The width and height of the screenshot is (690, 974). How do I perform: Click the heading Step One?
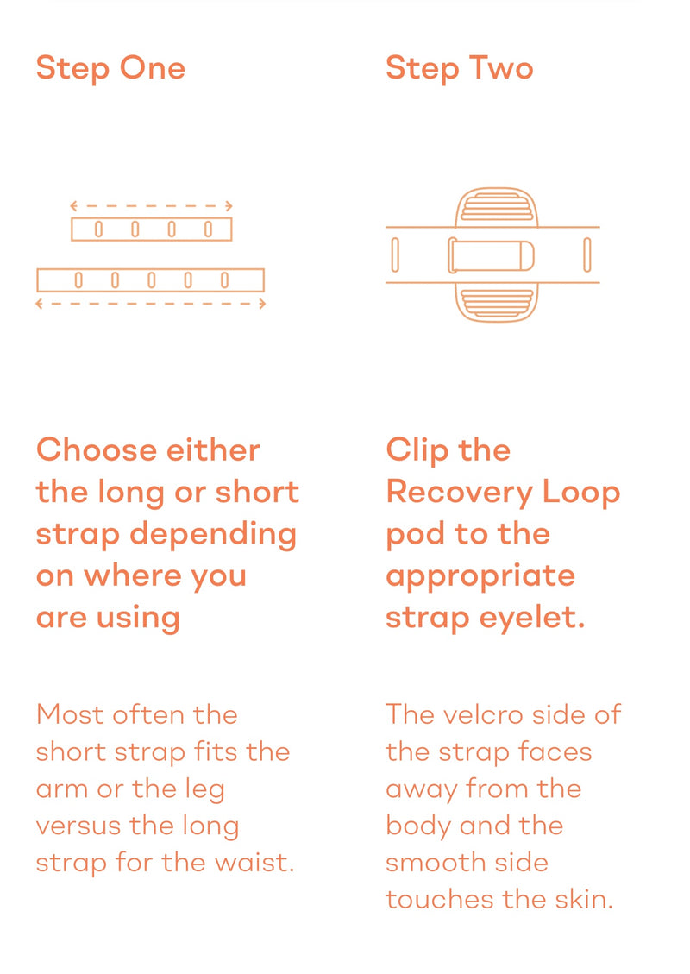coord(110,68)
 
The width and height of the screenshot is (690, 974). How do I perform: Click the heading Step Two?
coord(460,68)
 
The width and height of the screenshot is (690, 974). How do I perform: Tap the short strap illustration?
coord(152,229)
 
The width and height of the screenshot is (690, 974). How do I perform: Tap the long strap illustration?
coord(151,280)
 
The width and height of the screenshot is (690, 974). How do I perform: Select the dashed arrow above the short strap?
coord(152,205)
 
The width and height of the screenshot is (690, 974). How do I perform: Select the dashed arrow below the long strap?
coord(151,304)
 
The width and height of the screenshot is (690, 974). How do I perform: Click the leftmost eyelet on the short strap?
coord(98,229)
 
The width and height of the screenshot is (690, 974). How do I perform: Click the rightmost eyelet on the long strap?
coord(225,280)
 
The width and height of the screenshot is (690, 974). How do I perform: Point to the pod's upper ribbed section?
coord(496,207)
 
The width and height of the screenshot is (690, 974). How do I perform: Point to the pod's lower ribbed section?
coord(496,302)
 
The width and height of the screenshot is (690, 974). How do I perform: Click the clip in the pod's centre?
coord(492,255)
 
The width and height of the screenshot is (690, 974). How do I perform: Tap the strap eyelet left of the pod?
coord(395,255)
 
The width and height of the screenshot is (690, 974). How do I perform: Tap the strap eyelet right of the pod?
coord(586,255)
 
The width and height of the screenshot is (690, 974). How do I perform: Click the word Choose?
coord(97,449)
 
